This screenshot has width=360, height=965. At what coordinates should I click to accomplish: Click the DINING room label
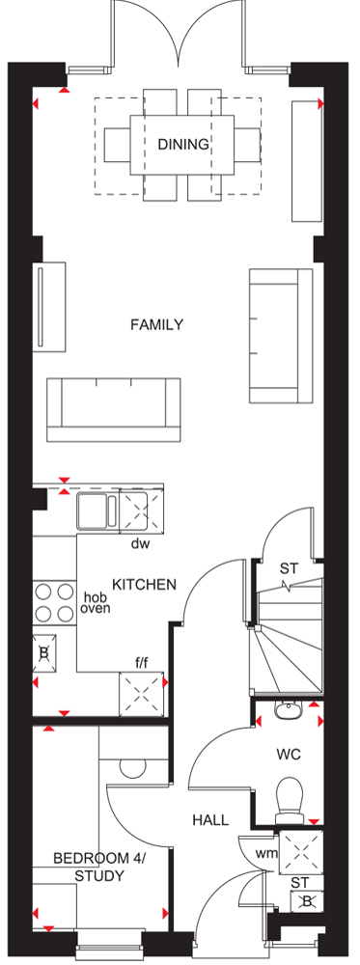pyautogui.click(x=183, y=145)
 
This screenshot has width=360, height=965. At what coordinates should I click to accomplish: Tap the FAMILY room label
pyautogui.click(x=157, y=324)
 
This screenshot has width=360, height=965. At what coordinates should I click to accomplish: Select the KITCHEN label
pyautogui.click(x=145, y=584)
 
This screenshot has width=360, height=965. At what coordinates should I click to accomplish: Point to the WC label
pyautogui.click(x=288, y=755)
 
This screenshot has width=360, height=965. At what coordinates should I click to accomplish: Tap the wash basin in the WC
pyautogui.click(x=288, y=711)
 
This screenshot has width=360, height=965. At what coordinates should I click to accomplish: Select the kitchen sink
pyautogui.click(x=97, y=510)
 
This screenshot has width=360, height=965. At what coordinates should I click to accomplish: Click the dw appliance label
pyautogui.click(x=141, y=544)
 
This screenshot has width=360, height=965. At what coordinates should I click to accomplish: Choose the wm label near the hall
pyautogui.click(x=265, y=853)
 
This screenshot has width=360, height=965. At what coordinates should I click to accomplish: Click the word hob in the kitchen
pyautogui.click(x=95, y=597)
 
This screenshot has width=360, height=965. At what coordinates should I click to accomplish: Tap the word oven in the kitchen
pyautogui.click(x=95, y=609)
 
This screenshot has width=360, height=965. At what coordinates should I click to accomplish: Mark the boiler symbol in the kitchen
pyautogui.click(x=44, y=654)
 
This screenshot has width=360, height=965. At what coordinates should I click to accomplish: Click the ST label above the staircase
pyautogui.click(x=289, y=568)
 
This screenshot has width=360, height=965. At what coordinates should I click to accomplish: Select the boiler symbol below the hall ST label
pyautogui.click(x=303, y=902)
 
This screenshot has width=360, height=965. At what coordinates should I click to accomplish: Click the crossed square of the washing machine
pyautogui.click(x=300, y=852)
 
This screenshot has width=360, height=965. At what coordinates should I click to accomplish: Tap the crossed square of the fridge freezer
pyautogui.click(x=142, y=694)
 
